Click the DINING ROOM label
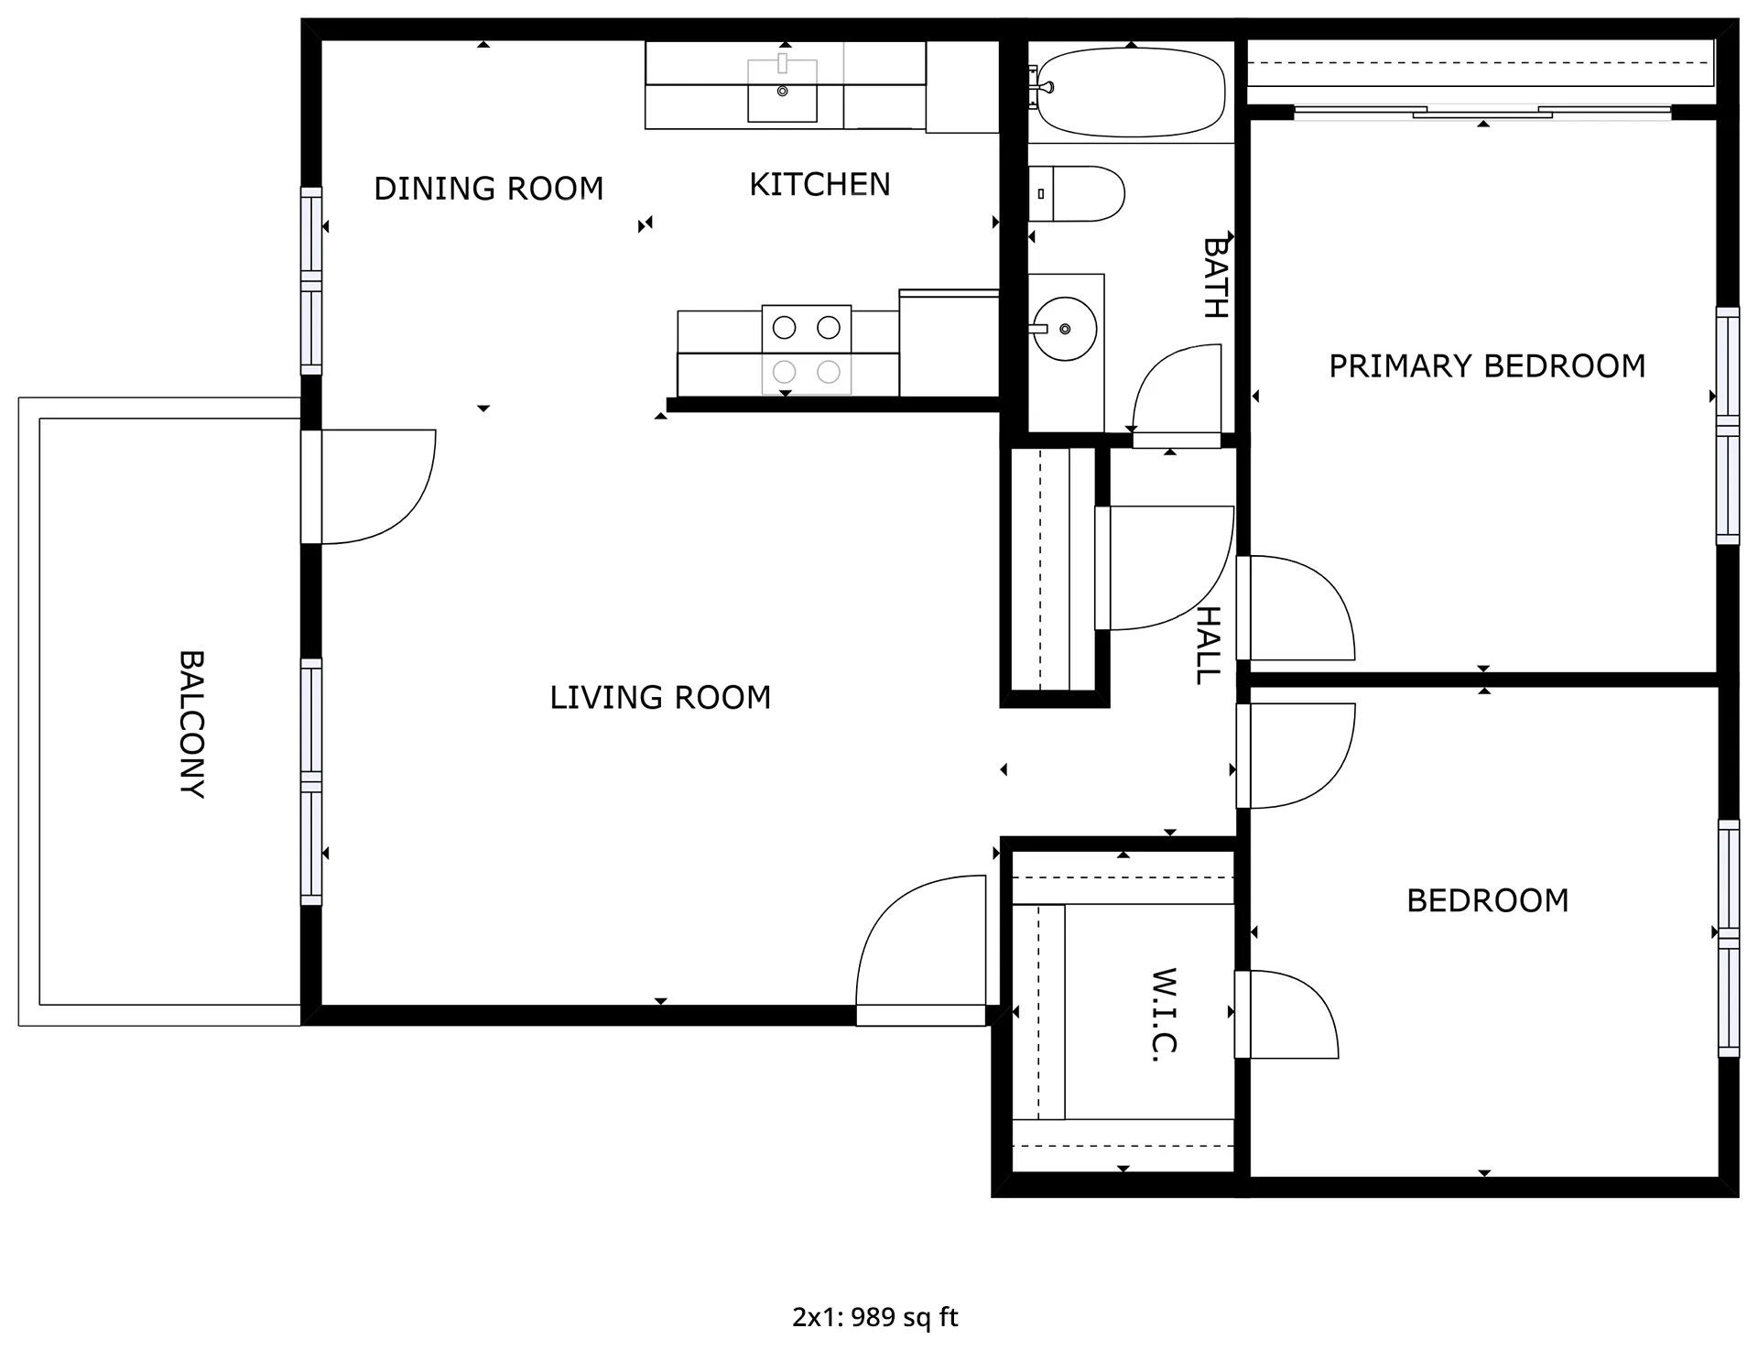point(489,189)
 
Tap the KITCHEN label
point(819,185)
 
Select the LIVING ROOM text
point(660,698)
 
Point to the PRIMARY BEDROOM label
point(1487,366)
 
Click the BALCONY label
point(191,724)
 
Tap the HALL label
point(1209,646)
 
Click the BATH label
point(1215,278)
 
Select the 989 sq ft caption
point(905,1317)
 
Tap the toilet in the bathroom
point(1076,194)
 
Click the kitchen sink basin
point(783,91)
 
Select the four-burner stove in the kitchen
point(807,350)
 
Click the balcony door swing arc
point(403,513)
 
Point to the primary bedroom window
point(1727,426)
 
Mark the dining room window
point(311,281)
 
